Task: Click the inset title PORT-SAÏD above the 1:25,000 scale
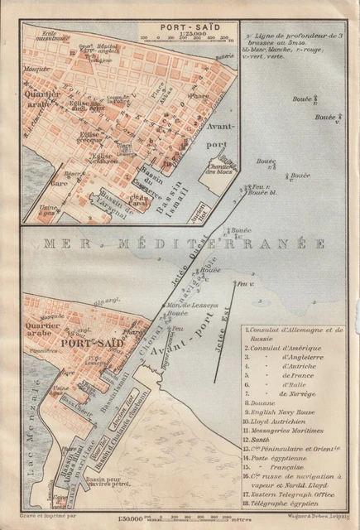(x=185, y=25)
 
